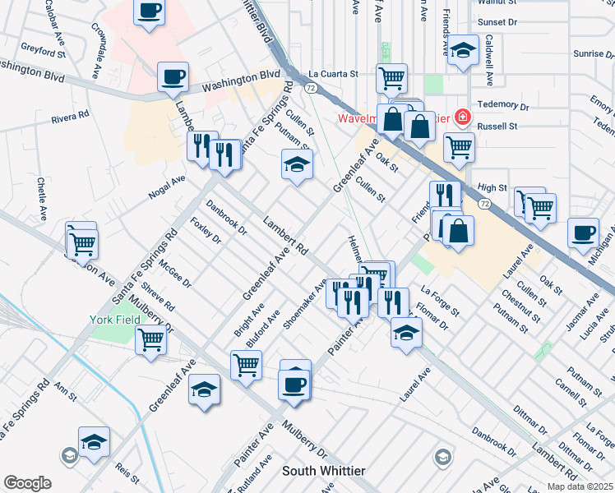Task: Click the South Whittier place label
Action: [323, 471]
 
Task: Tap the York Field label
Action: [111, 318]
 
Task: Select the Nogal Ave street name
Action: [167, 186]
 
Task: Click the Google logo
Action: [27, 483]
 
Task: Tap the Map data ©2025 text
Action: [578, 486]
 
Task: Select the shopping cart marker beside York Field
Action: [150, 339]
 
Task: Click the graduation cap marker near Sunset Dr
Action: [463, 51]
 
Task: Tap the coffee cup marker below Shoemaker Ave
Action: [294, 385]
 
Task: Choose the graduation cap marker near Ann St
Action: [94, 442]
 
